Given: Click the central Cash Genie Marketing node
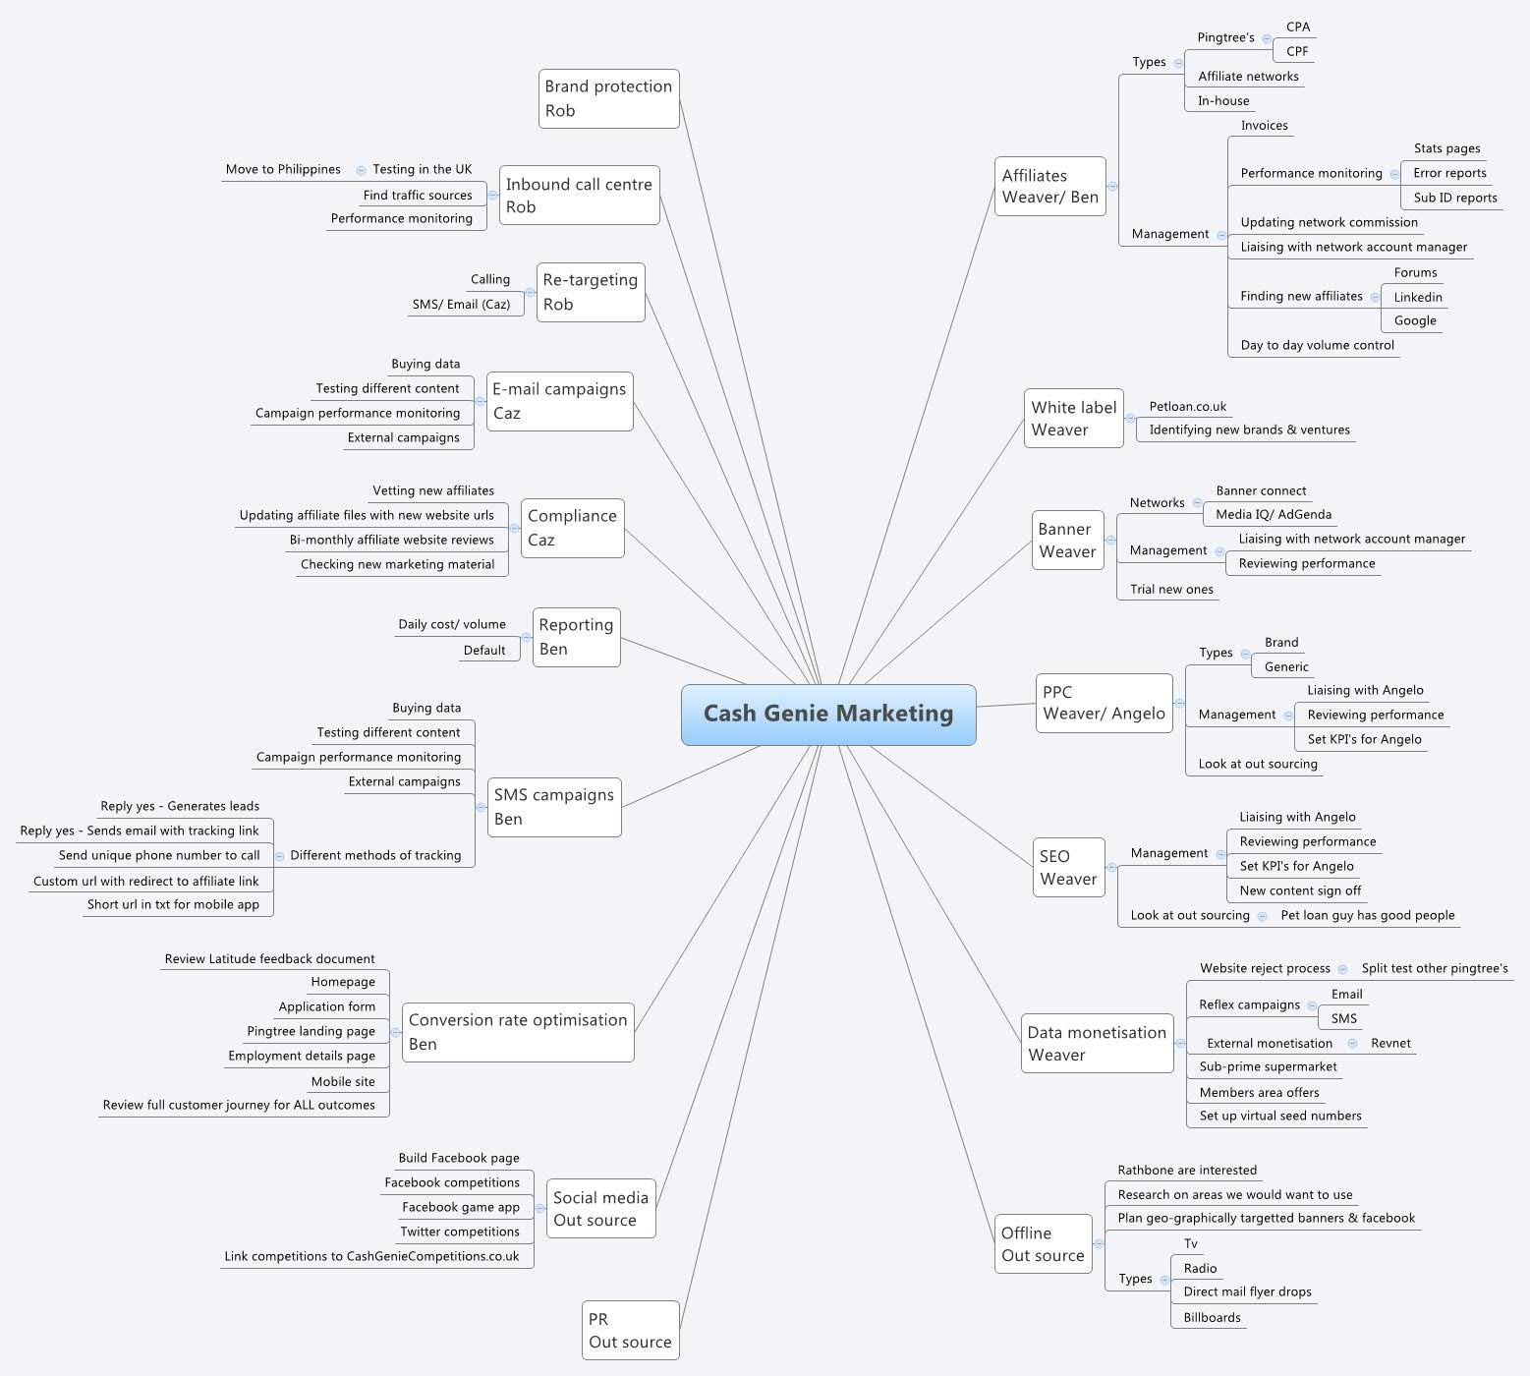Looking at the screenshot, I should click(x=828, y=715).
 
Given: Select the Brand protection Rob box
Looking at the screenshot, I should click(x=609, y=98).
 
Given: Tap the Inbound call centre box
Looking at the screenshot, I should click(x=579, y=195).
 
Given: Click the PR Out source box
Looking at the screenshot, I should click(x=630, y=1330).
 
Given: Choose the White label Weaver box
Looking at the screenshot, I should click(x=1073, y=418).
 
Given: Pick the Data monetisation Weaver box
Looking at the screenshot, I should click(x=1097, y=1043).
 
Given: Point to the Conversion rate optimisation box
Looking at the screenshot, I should click(x=518, y=1031).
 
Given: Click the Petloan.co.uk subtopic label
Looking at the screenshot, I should click(x=1188, y=406).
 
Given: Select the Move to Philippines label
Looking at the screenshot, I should click(x=283, y=169).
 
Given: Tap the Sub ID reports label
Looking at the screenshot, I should click(x=1455, y=198).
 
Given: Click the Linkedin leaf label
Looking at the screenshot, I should click(x=1418, y=297).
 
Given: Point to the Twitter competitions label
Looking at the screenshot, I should click(x=460, y=1232).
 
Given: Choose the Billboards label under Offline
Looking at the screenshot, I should click(x=1212, y=1317).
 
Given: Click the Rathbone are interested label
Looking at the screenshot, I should click(x=1187, y=1170).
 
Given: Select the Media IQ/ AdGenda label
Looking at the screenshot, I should click(x=1274, y=514).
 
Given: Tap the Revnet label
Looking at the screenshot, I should click(x=1390, y=1043).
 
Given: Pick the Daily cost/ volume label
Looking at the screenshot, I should click(x=452, y=624).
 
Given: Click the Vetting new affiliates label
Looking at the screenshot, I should click(x=433, y=490).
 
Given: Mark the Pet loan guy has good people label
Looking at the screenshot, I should click(x=1368, y=915).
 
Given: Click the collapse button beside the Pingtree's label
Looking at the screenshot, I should click(x=1268, y=39).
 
